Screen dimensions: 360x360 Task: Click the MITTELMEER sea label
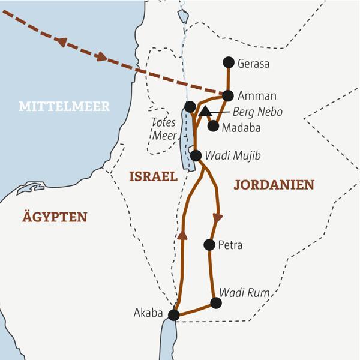coord(64,107)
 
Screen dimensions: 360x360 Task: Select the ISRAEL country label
coord(153,176)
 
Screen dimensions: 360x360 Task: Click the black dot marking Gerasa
coord(228,62)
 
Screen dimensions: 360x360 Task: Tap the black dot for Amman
coord(228,95)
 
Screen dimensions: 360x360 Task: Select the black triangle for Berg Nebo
coord(205,111)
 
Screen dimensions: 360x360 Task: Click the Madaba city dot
coord(213,126)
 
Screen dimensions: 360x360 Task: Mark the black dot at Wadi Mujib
coord(196,155)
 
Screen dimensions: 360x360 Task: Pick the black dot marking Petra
coord(209,244)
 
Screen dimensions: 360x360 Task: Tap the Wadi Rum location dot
coord(216,303)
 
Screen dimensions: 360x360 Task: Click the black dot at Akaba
coord(174,314)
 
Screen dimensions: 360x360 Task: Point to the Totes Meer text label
coord(164,129)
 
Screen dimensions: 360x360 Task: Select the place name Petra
coord(230,245)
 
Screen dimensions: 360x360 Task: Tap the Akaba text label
coord(148,313)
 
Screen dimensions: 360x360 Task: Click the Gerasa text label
coord(253,62)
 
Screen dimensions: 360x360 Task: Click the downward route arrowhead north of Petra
coord(218,217)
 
